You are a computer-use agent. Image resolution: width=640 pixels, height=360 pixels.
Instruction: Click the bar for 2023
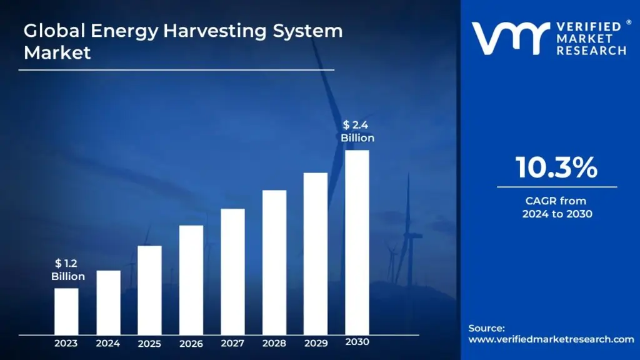point(66,311)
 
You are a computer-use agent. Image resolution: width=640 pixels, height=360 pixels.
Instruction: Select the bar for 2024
point(108,302)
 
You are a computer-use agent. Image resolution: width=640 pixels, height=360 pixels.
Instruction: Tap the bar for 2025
point(149,289)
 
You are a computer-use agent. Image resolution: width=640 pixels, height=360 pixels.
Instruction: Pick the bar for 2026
point(191,279)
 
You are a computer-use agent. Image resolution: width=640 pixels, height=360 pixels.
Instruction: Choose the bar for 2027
point(232,271)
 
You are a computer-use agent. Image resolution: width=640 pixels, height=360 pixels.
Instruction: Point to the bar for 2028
point(274,262)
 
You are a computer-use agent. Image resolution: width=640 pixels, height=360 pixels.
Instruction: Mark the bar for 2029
point(316,253)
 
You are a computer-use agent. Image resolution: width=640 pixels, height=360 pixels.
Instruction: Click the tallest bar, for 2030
point(357,242)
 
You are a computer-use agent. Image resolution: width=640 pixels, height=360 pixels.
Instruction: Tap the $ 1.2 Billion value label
point(67,270)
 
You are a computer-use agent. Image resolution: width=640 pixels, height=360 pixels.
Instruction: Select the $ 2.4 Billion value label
point(357,131)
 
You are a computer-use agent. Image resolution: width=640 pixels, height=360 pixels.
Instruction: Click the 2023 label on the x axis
point(66,343)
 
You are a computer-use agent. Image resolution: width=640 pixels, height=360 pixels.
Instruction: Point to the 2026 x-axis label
point(191,343)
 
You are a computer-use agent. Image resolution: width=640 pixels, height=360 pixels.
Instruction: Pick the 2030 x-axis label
point(357,342)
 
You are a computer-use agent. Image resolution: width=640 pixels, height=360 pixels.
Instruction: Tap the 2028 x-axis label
point(274,343)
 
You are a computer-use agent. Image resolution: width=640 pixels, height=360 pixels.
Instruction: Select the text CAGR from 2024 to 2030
point(557,207)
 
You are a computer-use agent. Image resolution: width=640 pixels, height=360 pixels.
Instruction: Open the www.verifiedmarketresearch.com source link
point(551,339)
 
